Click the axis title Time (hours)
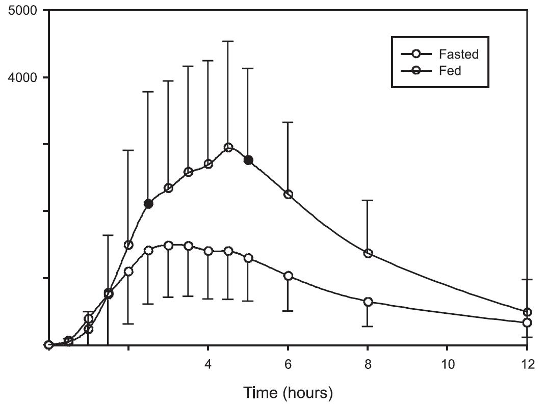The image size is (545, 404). [x=288, y=393]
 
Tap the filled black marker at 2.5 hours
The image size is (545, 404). [x=148, y=204]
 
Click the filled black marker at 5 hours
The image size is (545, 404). [x=248, y=160]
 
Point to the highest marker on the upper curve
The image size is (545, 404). [x=228, y=147]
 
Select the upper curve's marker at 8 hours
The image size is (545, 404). [x=368, y=253]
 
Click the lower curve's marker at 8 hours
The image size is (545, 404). [x=368, y=302]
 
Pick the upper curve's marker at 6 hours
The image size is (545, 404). [x=288, y=194]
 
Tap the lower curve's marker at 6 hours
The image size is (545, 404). [x=288, y=276]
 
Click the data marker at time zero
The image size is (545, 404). [x=49, y=345]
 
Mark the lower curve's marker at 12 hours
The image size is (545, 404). [x=527, y=322]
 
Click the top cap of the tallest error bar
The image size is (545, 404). [x=228, y=41]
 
